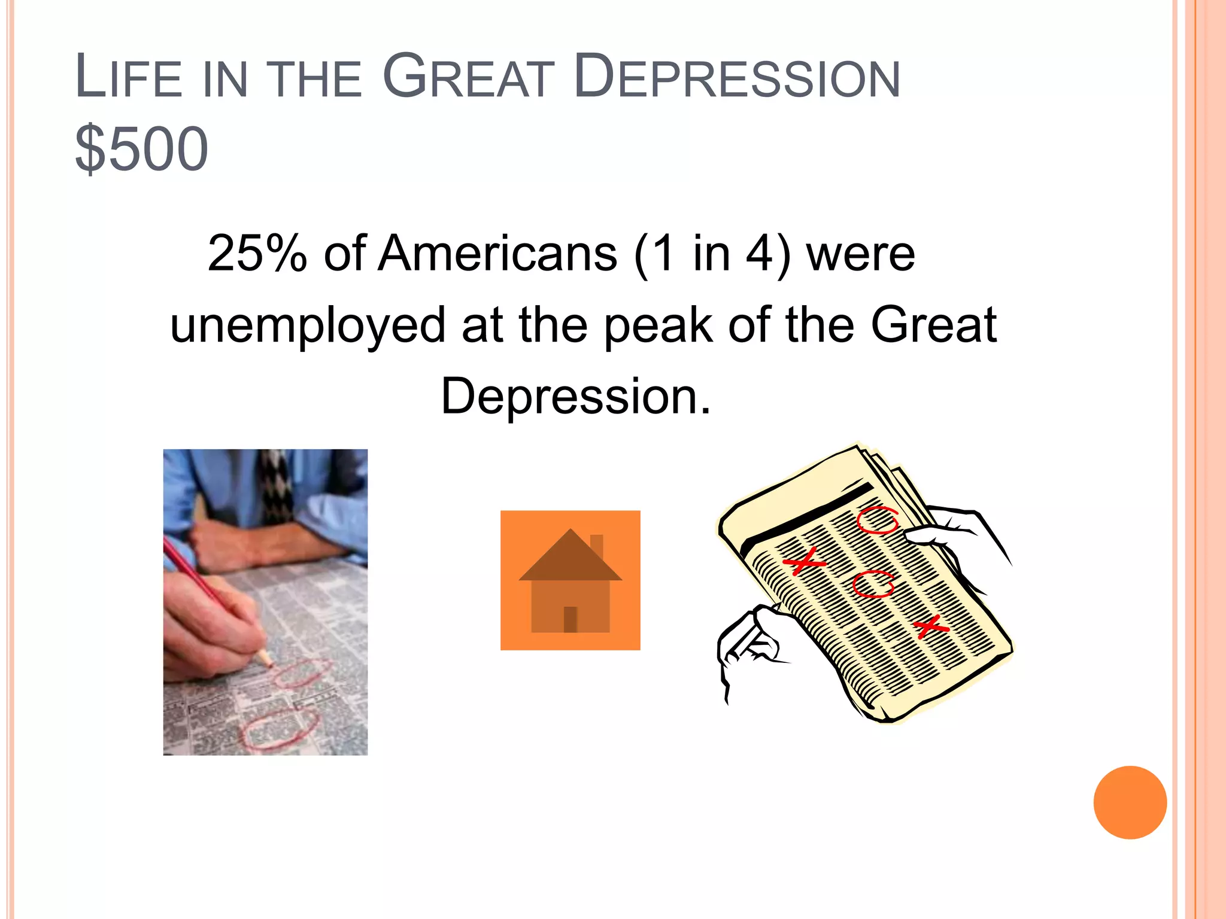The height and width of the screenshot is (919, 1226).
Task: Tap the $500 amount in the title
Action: pos(141,148)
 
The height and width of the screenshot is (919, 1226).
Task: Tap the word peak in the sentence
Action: pos(658,325)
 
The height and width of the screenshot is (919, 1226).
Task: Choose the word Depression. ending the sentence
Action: pos(576,396)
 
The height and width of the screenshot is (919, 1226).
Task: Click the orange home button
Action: pos(570,580)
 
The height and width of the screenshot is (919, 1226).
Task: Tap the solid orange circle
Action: pos(1130,802)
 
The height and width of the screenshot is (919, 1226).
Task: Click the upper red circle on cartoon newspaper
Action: pos(878,520)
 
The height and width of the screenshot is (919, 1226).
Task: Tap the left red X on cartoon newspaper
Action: pos(804,561)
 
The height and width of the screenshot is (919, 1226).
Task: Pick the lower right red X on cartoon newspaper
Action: pos(930,626)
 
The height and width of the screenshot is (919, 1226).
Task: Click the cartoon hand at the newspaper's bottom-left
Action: pos(748,643)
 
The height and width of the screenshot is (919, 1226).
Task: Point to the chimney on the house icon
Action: pos(596,546)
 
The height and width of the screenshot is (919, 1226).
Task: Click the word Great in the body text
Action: pos(933,325)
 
